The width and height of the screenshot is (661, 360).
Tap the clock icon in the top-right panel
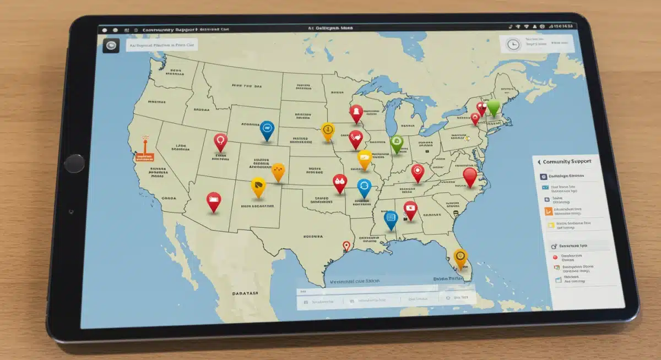pyautogui.click(x=513, y=45)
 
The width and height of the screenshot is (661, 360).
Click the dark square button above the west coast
pyautogui.click(x=111, y=46)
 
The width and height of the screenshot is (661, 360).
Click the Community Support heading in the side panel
pyautogui.click(x=567, y=162)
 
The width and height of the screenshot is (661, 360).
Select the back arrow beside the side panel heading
pyautogui.click(x=539, y=162)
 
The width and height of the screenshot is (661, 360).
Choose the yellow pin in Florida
pyautogui.click(x=460, y=257)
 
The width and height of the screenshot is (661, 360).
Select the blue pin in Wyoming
pyautogui.click(x=267, y=130)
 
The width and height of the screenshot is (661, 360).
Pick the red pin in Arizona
pyautogui.click(x=213, y=200)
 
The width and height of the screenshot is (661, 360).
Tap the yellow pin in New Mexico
pyautogui.click(x=257, y=187)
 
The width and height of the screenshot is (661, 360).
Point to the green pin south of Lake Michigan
pyautogui.click(x=397, y=143)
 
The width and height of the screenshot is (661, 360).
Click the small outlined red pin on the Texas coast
pyautogui.click(x=346, y=246)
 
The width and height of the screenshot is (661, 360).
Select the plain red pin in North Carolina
pyautogui.click(x=469, y=176)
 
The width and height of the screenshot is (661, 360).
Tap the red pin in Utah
pyautogui.click(x=220, y=141)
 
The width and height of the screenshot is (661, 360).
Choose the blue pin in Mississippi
pyautogui.click(x=391, y=219)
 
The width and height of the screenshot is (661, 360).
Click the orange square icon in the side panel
pyautogui.click(x=548, y=210)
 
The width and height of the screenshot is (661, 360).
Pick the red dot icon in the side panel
pyautogui.click(x=555, y=257)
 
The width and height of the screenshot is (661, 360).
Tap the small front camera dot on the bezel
pyautogui.click(x=70, y=212)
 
